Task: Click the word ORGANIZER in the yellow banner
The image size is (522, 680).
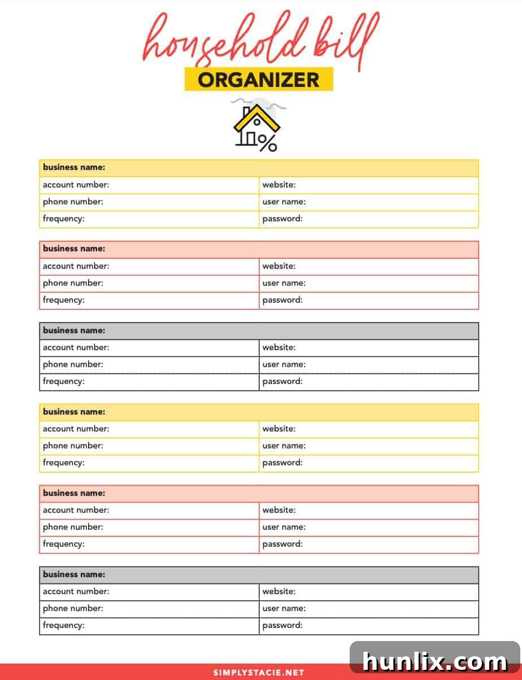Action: [258, 80]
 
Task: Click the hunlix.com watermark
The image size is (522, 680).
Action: [434, 661]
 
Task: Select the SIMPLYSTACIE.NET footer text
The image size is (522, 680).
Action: [258, 673]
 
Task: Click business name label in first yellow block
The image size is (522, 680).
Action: [74, 168]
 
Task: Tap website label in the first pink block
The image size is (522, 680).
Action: [279, 266]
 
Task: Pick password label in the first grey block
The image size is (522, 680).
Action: [282, 381]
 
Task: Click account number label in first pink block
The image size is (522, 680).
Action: [76, 266]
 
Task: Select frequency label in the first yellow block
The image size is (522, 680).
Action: [63, 219]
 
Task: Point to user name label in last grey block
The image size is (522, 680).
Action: [284, 608]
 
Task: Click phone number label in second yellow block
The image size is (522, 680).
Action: [73, 446]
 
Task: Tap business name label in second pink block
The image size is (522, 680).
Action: [74, 493]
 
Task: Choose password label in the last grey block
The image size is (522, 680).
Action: [282, 625]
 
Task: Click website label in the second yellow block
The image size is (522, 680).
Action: [279, 429]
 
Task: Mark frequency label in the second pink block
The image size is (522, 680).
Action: [63, 544]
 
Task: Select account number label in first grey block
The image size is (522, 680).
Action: [76, 347]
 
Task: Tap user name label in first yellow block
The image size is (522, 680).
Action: [284, 202]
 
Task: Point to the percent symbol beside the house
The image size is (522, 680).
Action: [268, 143]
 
